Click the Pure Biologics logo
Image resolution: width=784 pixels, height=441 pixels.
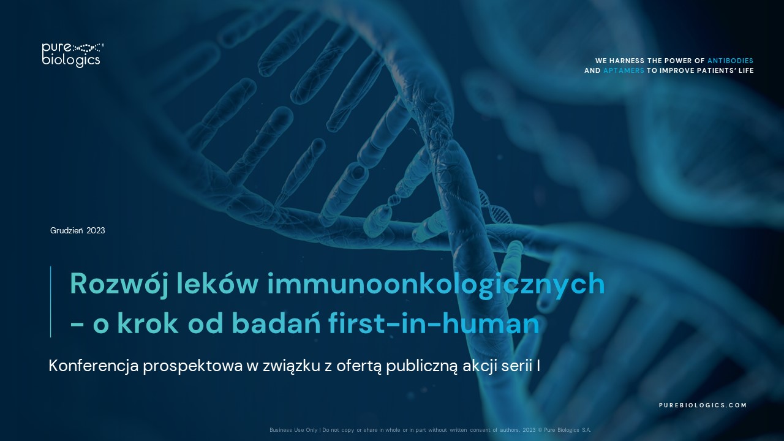72,55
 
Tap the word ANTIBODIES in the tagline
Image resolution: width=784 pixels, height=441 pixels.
731,61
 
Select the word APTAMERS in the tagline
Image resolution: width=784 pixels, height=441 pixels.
624,70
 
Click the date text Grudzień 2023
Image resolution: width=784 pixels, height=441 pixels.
77,230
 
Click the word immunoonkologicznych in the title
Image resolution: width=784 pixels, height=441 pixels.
435,284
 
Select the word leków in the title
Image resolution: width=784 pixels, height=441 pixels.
217,284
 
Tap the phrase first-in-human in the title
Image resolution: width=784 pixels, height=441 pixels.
434,323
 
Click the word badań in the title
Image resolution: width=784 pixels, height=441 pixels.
276,323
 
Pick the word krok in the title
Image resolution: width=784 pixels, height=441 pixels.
148,323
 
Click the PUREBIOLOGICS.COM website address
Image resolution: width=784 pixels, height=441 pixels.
703,405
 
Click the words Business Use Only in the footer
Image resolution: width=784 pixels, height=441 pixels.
293,430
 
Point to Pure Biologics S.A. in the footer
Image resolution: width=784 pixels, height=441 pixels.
567,430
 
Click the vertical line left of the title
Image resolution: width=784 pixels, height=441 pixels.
50,302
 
